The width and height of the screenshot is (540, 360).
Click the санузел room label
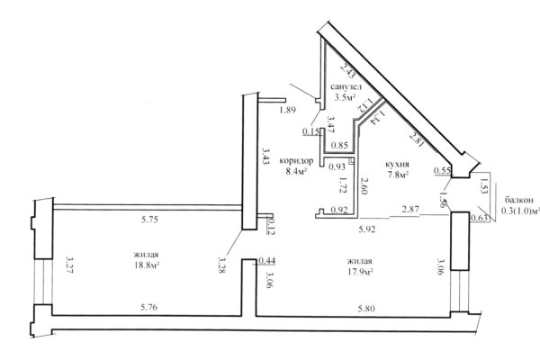pyautogui.click(x=346, y=86)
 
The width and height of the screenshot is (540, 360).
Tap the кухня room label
pyautogui.click(x=397, y=164)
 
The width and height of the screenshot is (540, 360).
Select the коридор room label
pyautogui.click(x=296, y=161)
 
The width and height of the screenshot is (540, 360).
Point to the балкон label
pyautogui.click(x=519, y=200)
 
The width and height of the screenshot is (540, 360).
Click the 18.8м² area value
pyautogui.click(x=147, y=265)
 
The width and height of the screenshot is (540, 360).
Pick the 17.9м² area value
pyautogui.click(x=360, y=272)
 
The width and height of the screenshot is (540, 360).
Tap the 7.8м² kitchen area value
pyautogui.click(x=398, y=175)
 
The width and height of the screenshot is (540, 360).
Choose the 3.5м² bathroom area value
pyautogui.click(x=345, y=97)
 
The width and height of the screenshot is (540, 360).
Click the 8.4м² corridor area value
pyautogui.click(x=296, y=171)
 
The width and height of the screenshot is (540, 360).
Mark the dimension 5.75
pyautogui.click(x=149, y=220)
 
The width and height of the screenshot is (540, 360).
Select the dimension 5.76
pyautogui.click(x=149, y=307)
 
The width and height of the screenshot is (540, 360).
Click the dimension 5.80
pyautogui.click(x=366, y=309)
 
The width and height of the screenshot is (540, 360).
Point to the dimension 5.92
pyautogui.click(x=367, y=229)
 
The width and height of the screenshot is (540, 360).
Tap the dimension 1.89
pyautogui.click(x=288, y=110)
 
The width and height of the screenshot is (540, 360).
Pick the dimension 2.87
pyautogui.click(x=410, y=209)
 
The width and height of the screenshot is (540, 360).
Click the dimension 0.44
pyautogui.click(x=267, y=261)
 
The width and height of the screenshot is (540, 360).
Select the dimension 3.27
pyautogui.click(x=70, y=265)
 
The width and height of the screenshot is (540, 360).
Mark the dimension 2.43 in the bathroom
pyautogui.click(x=347, y=71)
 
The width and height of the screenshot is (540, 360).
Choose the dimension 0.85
pyautogui.click(x=339, y=146)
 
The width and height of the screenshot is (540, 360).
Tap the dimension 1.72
pyautogui.click(x=343, y=184)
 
